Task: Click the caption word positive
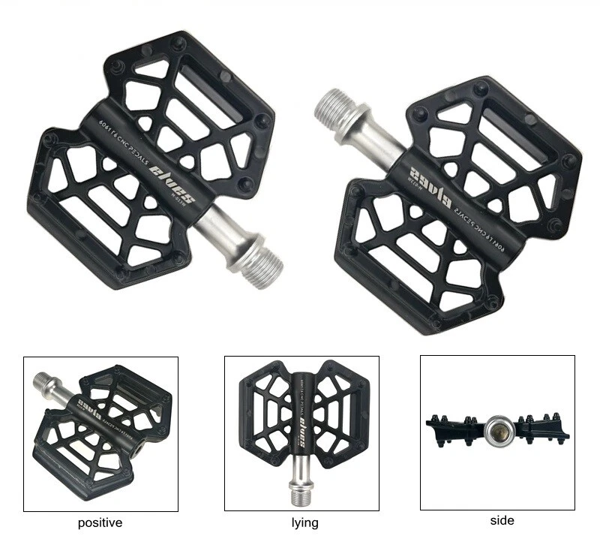click(100, 522)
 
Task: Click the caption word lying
click(304, 522)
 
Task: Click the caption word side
click(502, 519)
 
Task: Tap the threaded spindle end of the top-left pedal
click(263, 259)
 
